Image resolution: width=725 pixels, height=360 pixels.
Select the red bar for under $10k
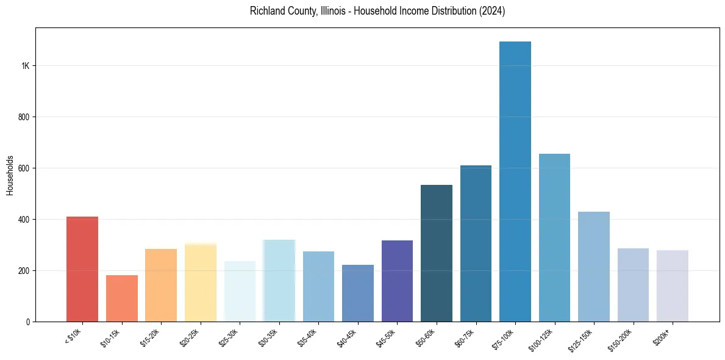(x=82, y=269)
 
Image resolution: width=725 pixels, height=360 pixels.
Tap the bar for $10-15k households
(x=122, y=298)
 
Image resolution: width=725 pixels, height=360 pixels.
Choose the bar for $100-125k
(x=554, y=237)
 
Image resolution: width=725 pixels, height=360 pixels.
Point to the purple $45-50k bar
(x=397, y=281)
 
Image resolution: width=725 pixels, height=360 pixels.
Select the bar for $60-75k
(x=476, y=243)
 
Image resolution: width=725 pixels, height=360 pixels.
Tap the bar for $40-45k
(x=358, y=293)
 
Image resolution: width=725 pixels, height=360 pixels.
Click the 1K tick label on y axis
(x=24, y=66)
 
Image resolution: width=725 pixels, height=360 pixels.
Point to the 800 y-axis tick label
(x=23, y=117)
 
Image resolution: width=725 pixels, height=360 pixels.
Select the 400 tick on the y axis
(x=23, y=220)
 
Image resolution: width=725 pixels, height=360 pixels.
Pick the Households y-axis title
(x=10, y=175)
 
